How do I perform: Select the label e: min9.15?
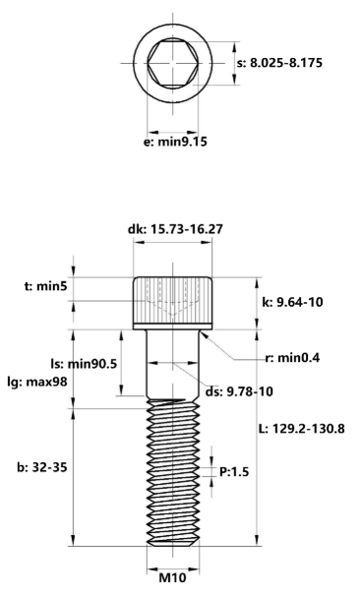pyautogui.click(x=175, y=141)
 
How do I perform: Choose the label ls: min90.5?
pyautogui.click(x=85, y=363)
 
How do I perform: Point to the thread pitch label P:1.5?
pyautogui.click(x=233, y=472)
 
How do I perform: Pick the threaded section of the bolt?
pyautogui.click(x=173, y=472)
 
